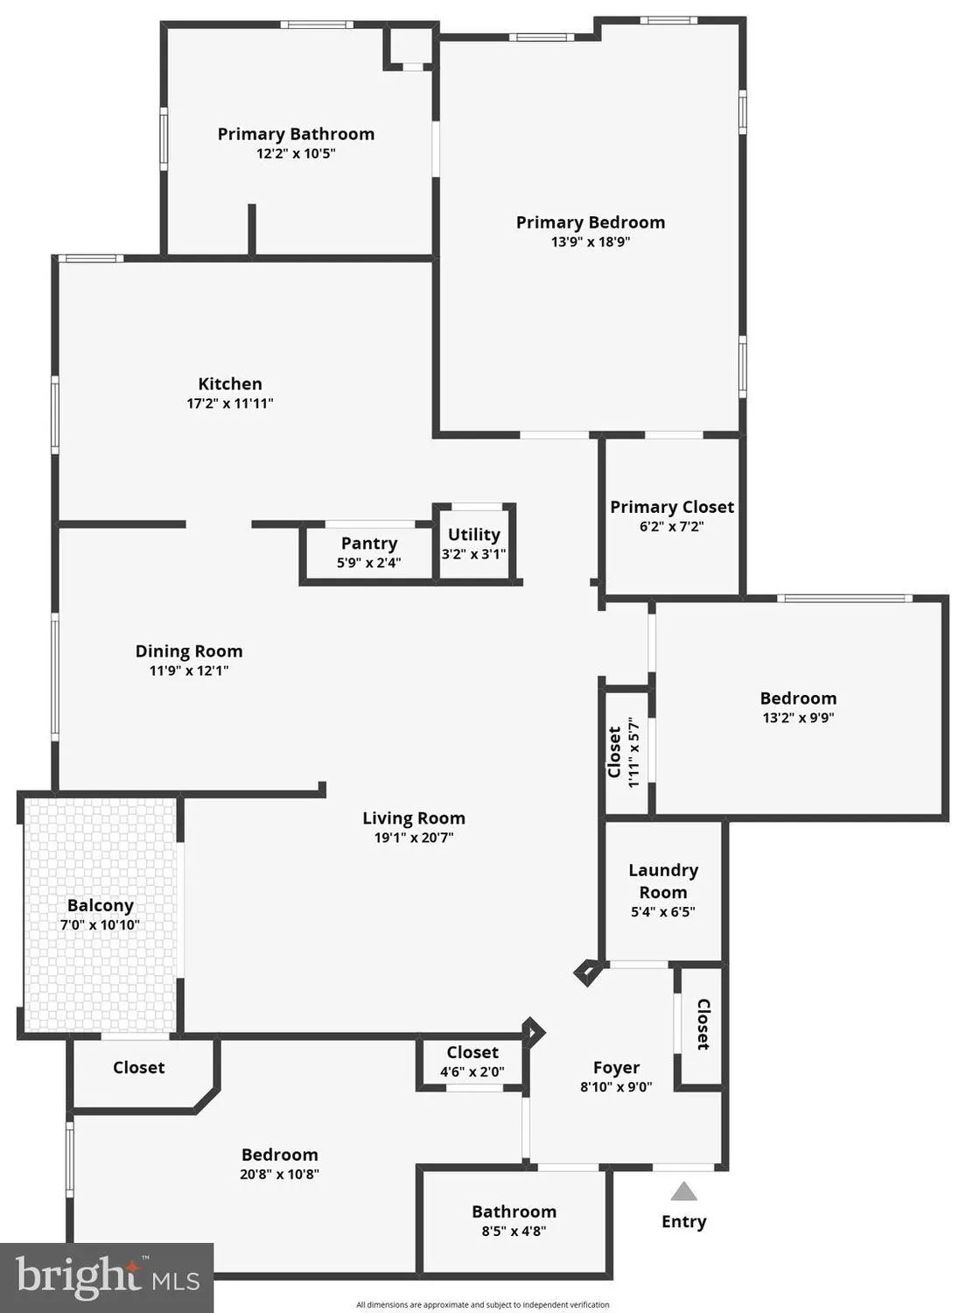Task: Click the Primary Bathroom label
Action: point(296,134)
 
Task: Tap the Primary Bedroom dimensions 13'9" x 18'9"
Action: point(591,242)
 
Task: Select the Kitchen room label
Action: point(230,384)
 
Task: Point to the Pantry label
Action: point(369,544)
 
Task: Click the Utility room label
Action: point(474,535)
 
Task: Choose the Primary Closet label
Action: point(672,508)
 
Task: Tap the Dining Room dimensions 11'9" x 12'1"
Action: point(189,671)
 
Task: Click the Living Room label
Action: point(414,818)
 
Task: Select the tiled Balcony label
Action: point(101,906)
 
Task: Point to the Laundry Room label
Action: point(663,881)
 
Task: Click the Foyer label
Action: point(616,1068)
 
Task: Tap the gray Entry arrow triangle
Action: point(683,1192)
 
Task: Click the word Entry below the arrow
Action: point(683,1222)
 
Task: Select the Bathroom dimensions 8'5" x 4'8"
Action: point(514,1232)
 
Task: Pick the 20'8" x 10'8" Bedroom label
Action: point(280,1155)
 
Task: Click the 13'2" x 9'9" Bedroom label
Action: point(798,699)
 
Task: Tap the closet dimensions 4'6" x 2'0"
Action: point(472,1072)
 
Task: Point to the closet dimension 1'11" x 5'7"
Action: point(634,753)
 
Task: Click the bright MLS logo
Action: point(107,1277)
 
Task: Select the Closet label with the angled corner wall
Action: point(139,1068)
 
